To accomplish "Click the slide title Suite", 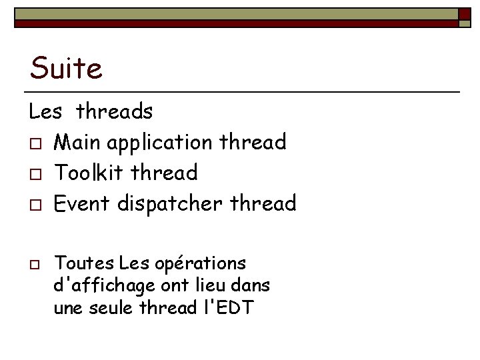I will [x=66, y=68].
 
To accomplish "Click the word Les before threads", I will [x=45, y=111].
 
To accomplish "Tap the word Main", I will [x=77, y=142].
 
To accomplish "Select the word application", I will [x=161, y=143].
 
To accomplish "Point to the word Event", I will [x=82, y=203].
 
